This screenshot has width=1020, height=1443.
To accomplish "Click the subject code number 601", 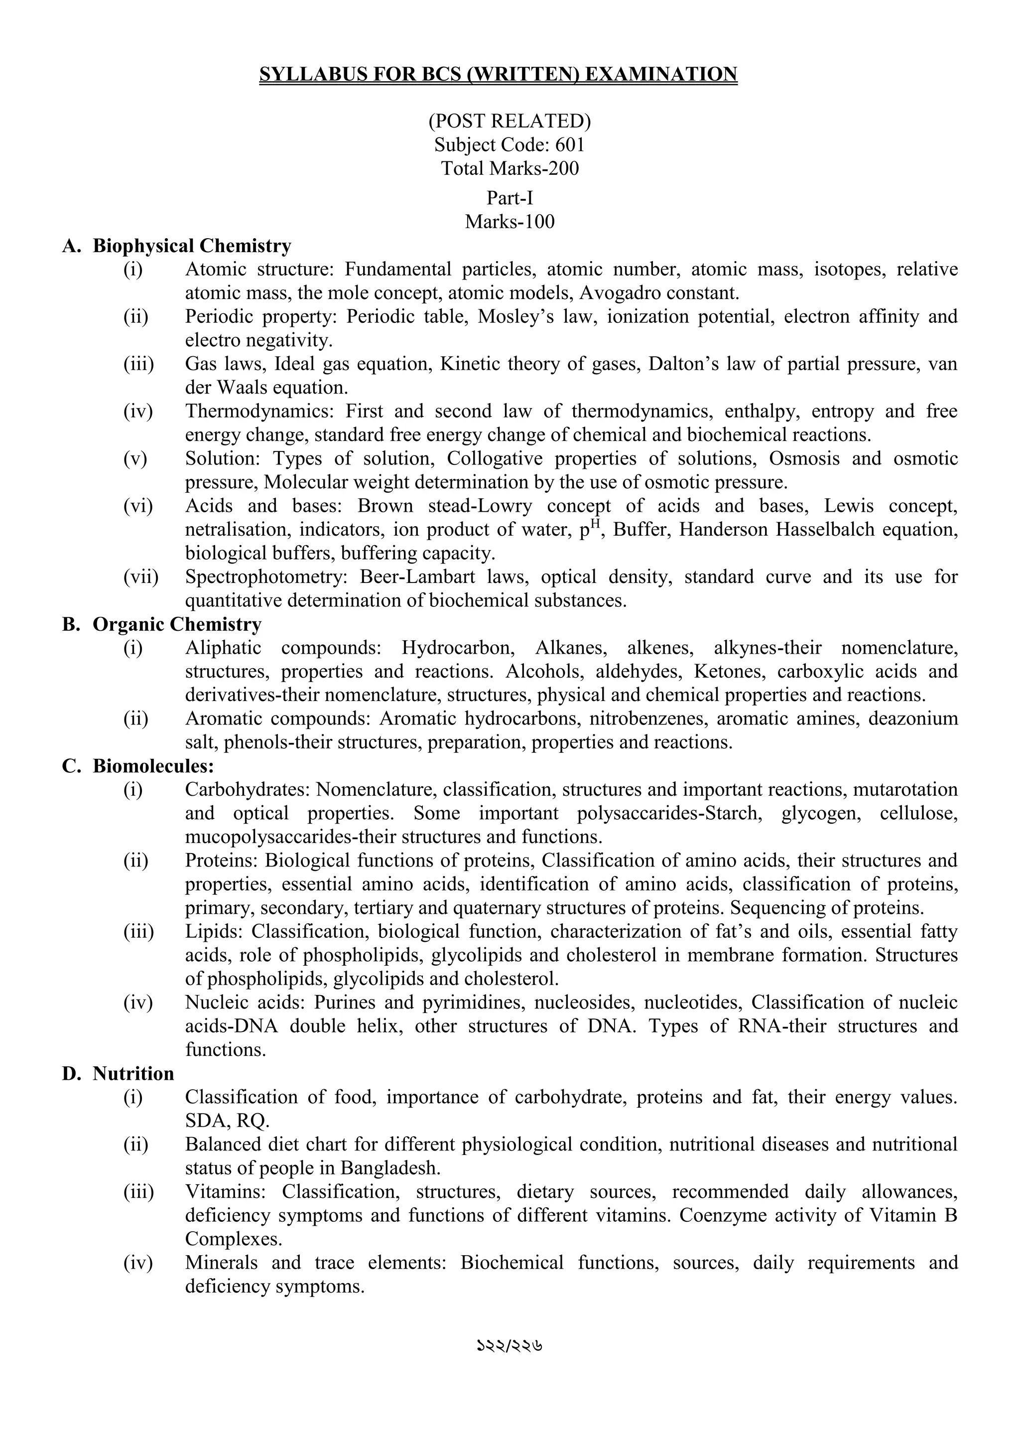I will click(x=570, y=144).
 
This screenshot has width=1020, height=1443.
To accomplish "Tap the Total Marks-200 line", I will click(x=510, y=168).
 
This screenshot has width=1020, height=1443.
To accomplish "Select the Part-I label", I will click(x=510, y=198).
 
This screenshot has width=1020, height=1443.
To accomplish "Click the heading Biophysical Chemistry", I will click(x=192, y=246).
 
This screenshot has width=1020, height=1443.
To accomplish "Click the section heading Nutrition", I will click(x=133, y=1073).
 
